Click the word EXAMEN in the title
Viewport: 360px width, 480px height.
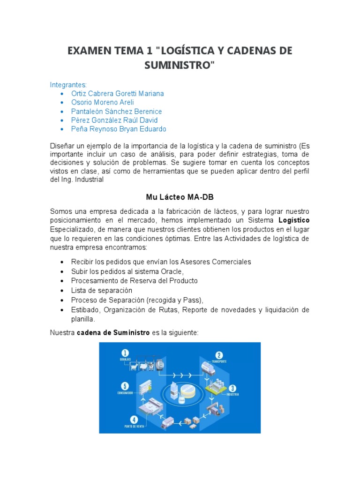point(89,51)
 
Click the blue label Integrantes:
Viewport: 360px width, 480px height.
point(68,85)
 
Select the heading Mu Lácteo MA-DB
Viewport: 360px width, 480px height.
point(180,197)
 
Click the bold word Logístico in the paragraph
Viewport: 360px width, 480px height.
point(294,220)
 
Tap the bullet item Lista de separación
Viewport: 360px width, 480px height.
point(101,291)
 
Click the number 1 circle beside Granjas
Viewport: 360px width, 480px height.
point(125,352)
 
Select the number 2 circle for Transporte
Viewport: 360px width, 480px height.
point(219,355)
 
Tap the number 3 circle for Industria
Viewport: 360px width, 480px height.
point(232,388)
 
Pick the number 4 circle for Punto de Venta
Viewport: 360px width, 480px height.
point(134,420)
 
